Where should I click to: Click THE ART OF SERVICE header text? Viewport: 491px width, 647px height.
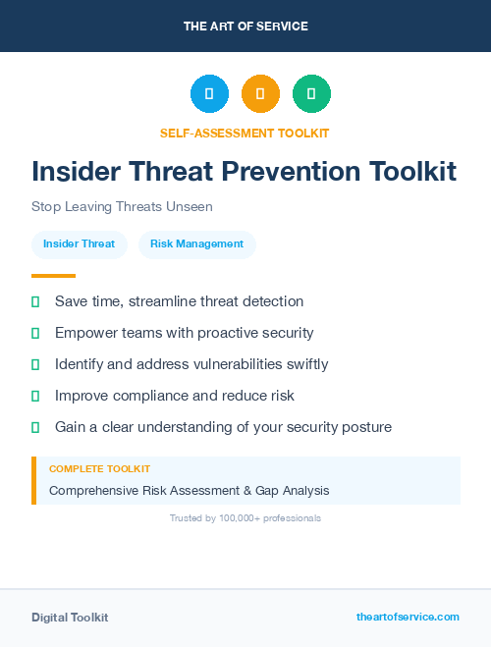point(245,27)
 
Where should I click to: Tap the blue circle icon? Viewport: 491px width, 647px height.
point(209,94)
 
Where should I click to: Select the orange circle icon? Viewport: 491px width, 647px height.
point(260,94)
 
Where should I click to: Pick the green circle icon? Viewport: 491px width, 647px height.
point(311,94)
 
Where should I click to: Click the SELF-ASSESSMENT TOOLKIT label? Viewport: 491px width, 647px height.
point(245,133)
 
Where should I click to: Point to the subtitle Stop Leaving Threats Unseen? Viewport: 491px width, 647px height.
point(122,207)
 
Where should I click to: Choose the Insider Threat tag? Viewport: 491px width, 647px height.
point(79,244)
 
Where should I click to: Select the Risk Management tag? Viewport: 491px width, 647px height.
point(196,244)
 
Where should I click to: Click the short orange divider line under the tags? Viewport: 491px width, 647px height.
point(53,276)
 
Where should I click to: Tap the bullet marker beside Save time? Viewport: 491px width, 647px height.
point(35,301)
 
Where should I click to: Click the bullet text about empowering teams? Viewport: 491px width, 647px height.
point(184,333)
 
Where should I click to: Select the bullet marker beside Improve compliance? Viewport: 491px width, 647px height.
point(35,396)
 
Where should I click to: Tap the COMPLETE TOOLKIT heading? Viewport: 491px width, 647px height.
point(99,469)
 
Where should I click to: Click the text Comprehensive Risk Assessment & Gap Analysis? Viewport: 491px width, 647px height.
point(189,490)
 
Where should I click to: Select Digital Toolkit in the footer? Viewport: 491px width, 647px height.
point(70,618)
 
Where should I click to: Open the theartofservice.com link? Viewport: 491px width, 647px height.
point(408,617)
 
